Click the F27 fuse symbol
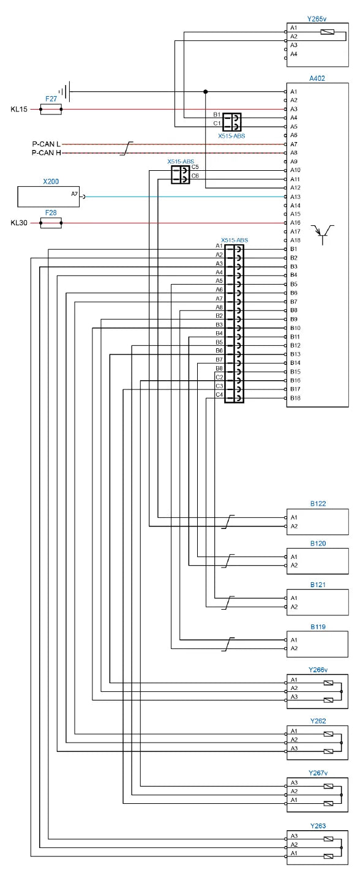[x=51, y=109]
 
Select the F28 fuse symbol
[x=51, y=223]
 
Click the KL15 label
[x=19, y=110]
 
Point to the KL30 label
[x=19, y=223]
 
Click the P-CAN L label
[x=47, y=144]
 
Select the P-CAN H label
[x=47, y=152]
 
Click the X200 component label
[x=51, y=181]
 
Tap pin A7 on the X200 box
[x=74, y=194]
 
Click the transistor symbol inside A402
[x=323, y=235]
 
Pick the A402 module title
[x=317, y=78]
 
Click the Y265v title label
[x=317, y=18]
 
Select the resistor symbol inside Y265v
[x=328, y=32]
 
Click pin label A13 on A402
[x=295, y=197]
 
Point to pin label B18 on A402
[x=295, y=398]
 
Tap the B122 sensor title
[x=318, y=503]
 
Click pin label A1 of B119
[x=294, y=640]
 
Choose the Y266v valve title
[x=318, y=670]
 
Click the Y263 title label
[x=318, y=826]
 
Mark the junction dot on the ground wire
[x=205, y=92]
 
